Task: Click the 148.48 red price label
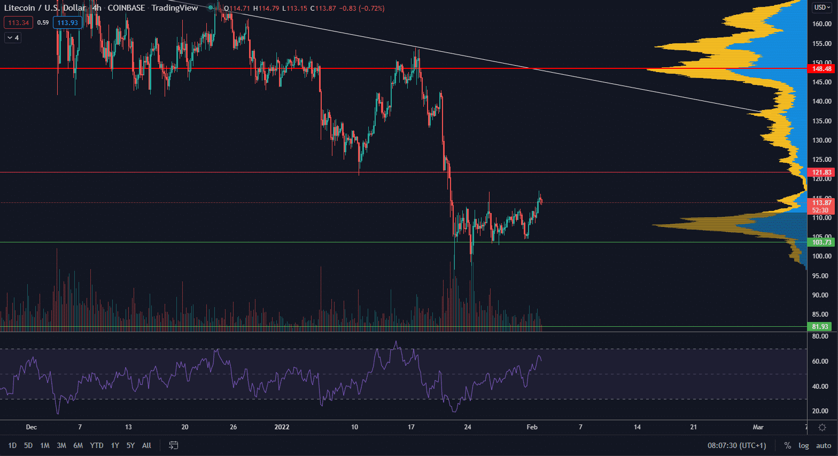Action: tap(821, 69)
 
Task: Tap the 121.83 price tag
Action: tap(821, 172)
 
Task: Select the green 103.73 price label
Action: tap(821, 242)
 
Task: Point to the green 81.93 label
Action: tap(820, 327)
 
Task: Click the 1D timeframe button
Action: tap(12, 445)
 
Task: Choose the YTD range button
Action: tap(97, 445)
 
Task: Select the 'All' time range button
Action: tap(146, 445)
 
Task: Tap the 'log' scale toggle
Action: tap(804, 445)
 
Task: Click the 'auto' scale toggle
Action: tap(824, 445)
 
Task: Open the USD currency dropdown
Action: tap(822, 7)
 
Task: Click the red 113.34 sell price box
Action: tap(19, 23)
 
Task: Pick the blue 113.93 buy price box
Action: tap(68, 23)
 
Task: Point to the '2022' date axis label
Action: tap(282, 427)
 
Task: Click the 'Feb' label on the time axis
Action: tap(532, 427)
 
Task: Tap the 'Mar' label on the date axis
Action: tap(758, 427)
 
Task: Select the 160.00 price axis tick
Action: tap(821, 24)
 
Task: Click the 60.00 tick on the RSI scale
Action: tap(820, 361)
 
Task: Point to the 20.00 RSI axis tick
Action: tap(820, 411)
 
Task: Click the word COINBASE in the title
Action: tap(126, 8)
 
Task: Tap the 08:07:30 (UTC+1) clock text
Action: tap(736, 445)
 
